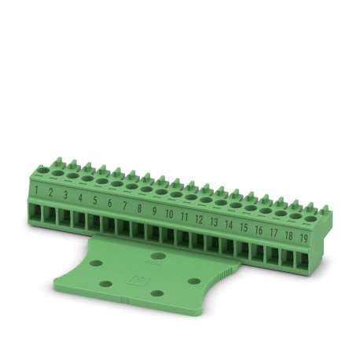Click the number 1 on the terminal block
click(x=37, y=189)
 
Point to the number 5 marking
click(x=94, y=199)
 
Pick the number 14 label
click(x=229, y=221)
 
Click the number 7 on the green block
click(x=124, y=204)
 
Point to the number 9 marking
click(x=154, y=210)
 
